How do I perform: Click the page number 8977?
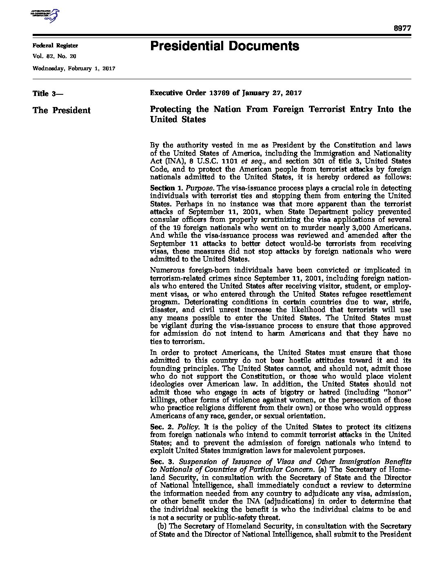coord(402,28)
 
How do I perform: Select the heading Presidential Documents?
coord(224,46)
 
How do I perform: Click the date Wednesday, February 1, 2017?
coord(74,69)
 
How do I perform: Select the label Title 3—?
coord(47,94)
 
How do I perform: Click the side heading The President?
coord(61,110)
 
